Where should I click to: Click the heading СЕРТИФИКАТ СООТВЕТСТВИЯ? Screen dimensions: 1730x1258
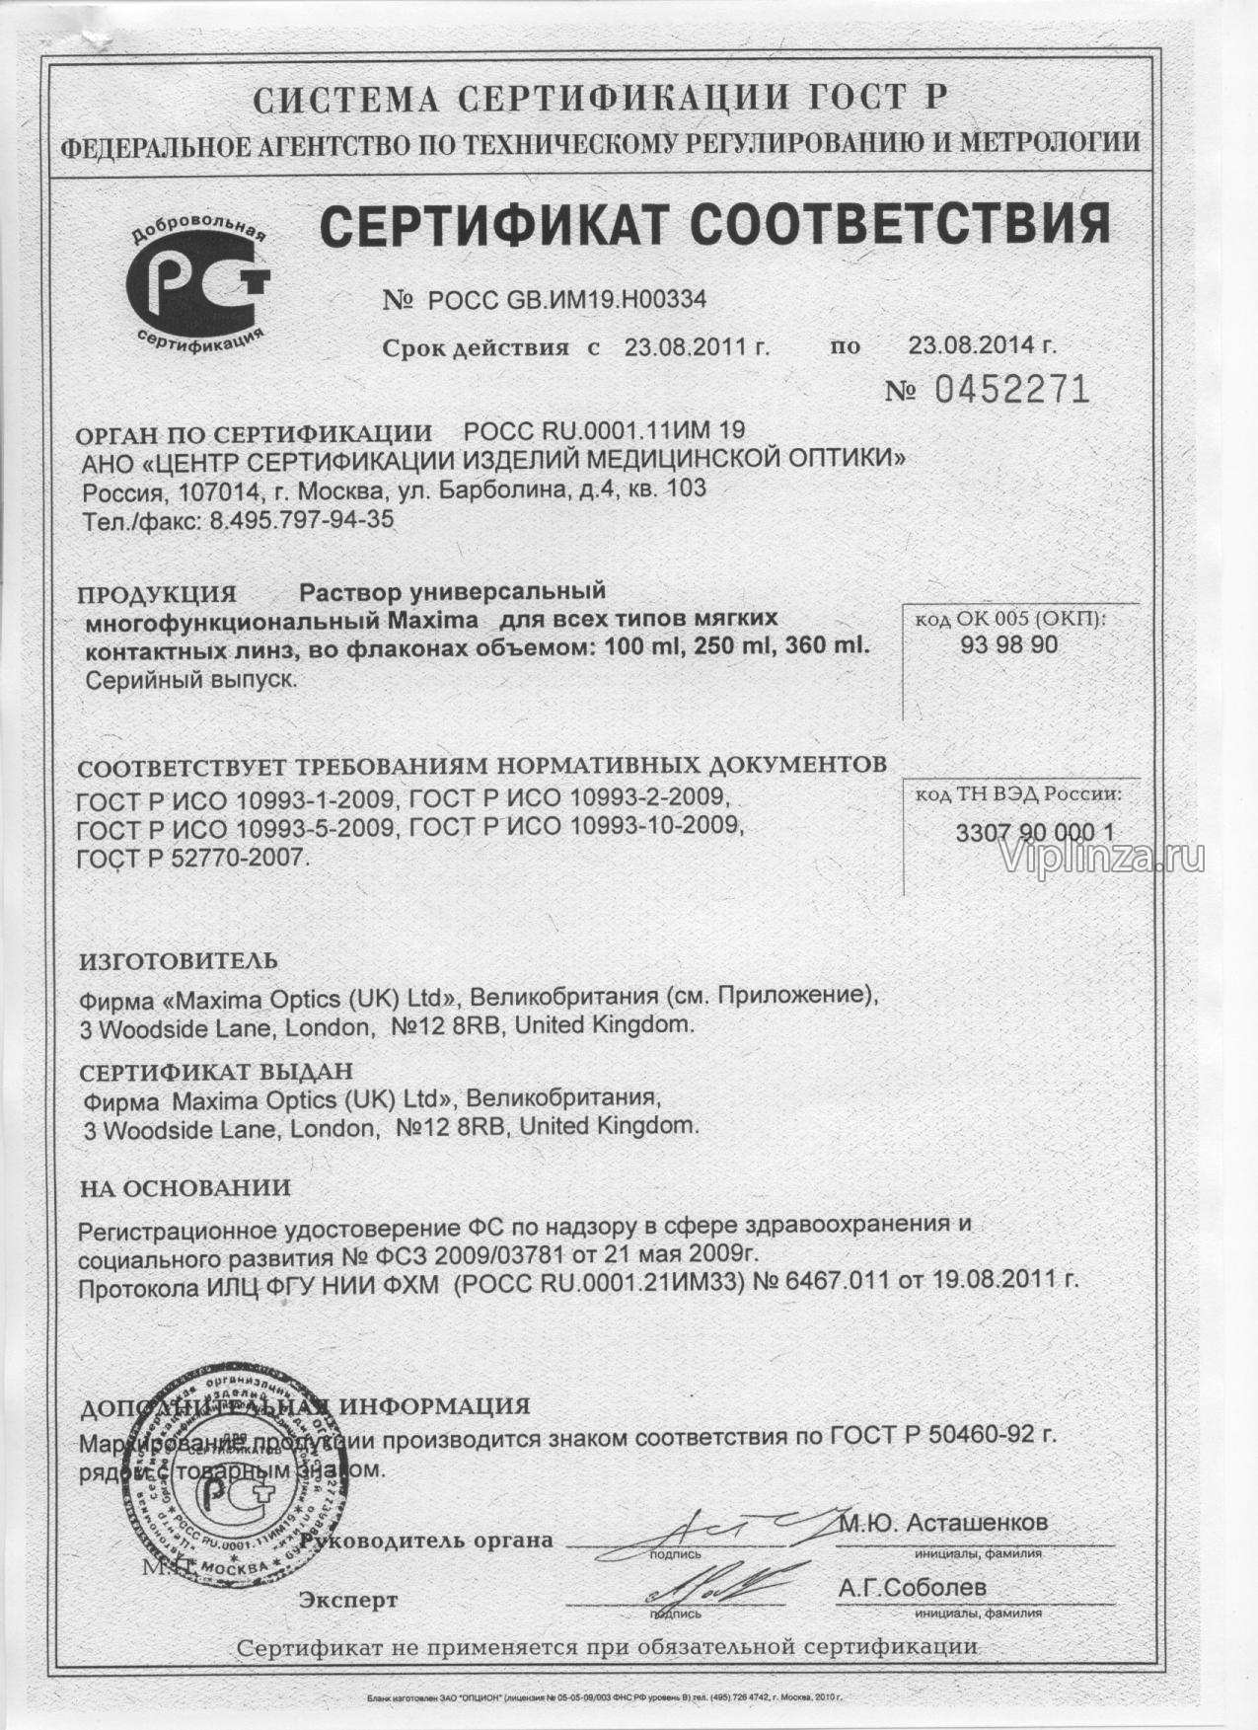[714, 223]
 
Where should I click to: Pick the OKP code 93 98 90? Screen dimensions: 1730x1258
[1008, 645]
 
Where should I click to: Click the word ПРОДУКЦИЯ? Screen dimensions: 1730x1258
[158, 595]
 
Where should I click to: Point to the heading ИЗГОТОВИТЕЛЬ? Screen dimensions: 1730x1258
[178, 960]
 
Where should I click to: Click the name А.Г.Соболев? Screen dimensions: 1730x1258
[912, 1589]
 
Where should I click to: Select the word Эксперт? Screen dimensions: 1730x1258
[349, 1600]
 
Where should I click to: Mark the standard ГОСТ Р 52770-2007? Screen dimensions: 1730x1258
[193, 859]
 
